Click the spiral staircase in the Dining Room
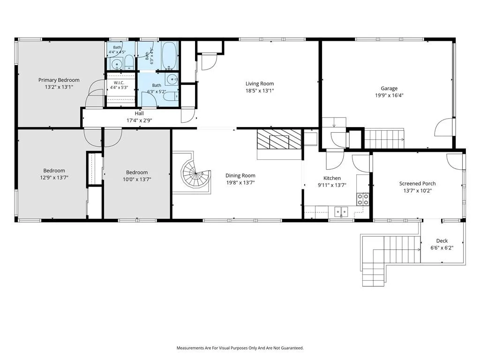195,173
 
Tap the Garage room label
389,89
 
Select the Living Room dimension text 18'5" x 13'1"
260,90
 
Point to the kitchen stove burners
363,199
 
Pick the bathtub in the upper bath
169,55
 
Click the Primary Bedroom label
59,80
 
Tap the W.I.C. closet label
119,83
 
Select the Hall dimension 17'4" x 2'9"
139,120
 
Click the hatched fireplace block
279,139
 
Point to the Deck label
442,241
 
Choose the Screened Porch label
417,184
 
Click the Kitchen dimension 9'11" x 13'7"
332,185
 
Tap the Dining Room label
240,175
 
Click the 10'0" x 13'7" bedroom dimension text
137,180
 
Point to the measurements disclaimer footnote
240,348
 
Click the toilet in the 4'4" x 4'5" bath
128,62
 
